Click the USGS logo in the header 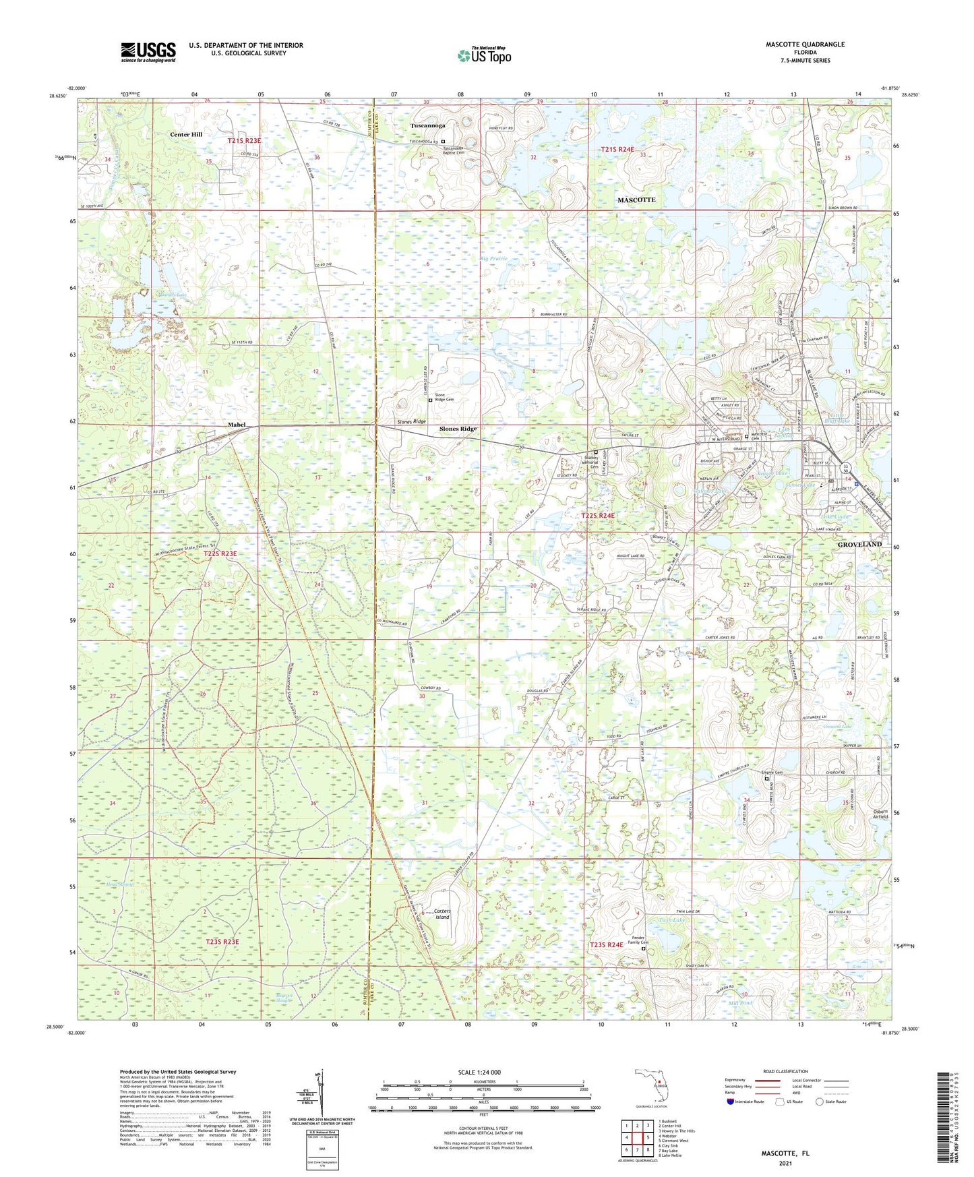point(148,52)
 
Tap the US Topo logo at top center point(483,55)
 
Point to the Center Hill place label point(186,134)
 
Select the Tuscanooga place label point(428,125)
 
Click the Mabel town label point(237,425)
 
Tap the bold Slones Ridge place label point(458,429)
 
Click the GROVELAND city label point(859,543)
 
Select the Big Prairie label point(493,259)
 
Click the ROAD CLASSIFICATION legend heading point(785,1071)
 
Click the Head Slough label point(120,884)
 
